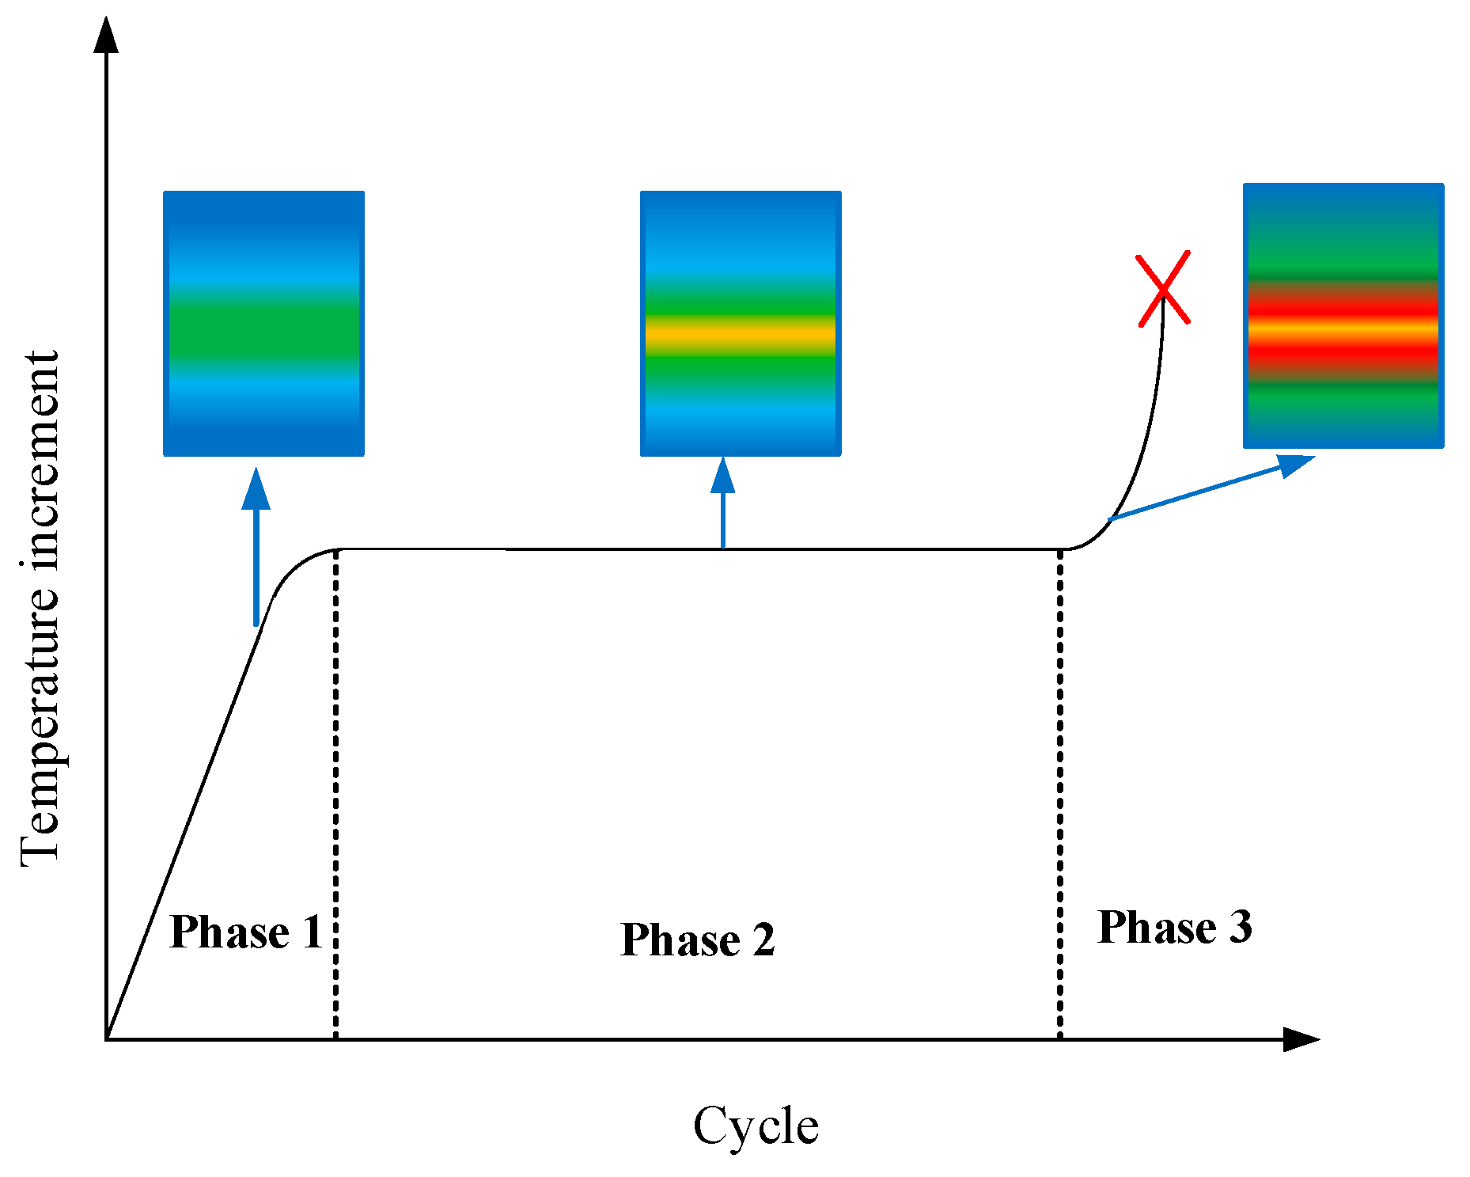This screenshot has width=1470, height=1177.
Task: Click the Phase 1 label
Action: coord(246,932)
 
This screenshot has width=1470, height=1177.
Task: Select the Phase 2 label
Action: coord(698,940)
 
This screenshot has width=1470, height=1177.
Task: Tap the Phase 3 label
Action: coord(1175,927)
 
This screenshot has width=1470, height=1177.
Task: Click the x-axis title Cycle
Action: coord(756,1126)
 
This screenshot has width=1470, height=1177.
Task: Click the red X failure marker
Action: coord(1163,288)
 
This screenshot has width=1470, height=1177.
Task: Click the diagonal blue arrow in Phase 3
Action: coord(1210,488)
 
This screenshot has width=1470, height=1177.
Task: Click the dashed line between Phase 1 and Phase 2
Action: coord(336,792)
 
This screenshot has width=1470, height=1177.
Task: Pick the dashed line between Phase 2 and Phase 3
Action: coord(1060,792)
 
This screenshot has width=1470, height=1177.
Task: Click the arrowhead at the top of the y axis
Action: coord(106,35)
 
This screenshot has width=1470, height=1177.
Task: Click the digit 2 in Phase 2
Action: coord(763,940)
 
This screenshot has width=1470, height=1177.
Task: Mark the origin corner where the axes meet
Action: coord(107,1039)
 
